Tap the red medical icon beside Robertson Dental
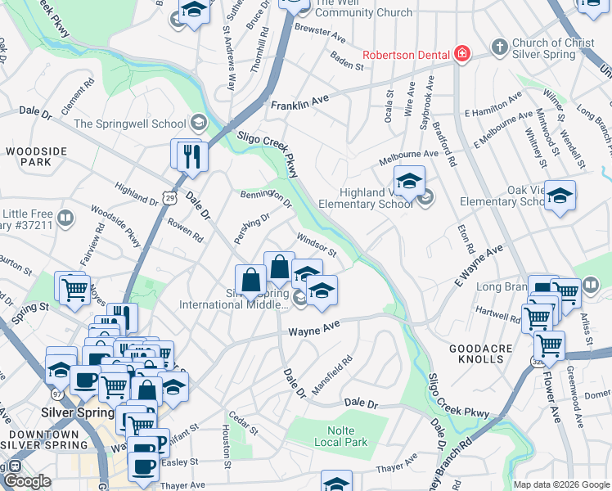tap(462, 53)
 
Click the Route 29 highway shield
tap(169, 197)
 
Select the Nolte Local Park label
tap(341, 436)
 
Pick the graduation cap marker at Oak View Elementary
tap(560, 196)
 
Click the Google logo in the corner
tap(27, 482)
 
